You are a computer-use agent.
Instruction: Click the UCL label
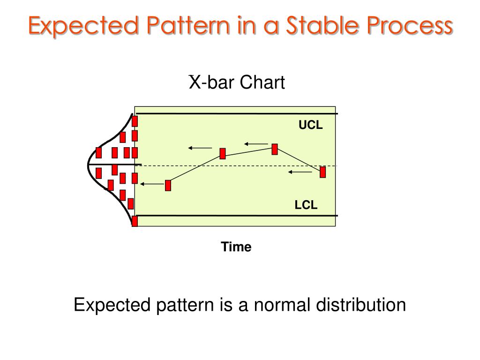point(310,125)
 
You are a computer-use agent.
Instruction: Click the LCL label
point(306,205)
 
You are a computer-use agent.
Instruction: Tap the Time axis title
point(236,247)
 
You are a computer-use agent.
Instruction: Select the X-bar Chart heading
point(237,82)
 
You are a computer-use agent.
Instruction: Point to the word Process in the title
point(410,26)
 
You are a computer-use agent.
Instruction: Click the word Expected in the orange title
point(84,26)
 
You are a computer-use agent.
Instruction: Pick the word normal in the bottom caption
point(282,305)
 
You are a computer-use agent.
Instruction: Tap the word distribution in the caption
point(361,305)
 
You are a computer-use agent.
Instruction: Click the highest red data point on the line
point(275,149)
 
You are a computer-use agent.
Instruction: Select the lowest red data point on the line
point(168,186)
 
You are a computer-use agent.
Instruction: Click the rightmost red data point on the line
point(322,172)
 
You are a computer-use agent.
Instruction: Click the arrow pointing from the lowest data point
point(152,184)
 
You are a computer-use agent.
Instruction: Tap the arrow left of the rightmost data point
point(300,172)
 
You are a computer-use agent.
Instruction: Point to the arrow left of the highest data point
point(256,144)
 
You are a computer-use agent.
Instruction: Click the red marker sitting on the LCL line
point(135,221)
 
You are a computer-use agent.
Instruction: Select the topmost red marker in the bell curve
point(135,121)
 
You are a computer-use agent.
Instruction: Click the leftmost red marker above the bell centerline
point(98,152)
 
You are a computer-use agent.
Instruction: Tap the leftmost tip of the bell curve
point(88,165)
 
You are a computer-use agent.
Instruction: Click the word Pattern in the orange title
point(188,25)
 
